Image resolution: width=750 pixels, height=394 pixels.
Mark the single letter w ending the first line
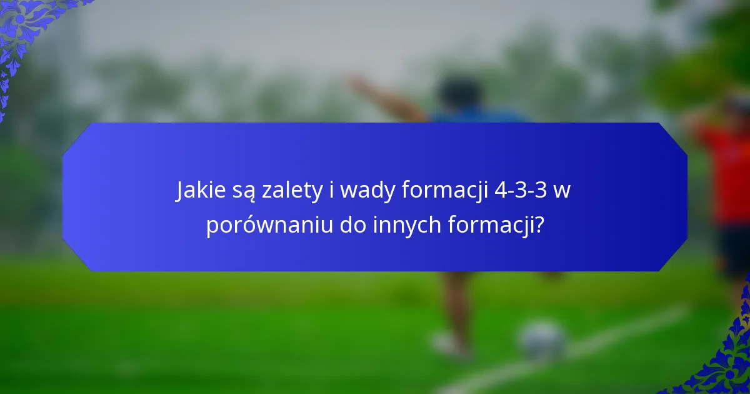tap(562, 191)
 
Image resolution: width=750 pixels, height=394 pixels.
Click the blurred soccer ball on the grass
tap(543, 341)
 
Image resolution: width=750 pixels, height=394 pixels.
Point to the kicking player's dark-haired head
tap(459, 94)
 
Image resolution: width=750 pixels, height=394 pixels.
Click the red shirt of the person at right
tap(728, 169)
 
